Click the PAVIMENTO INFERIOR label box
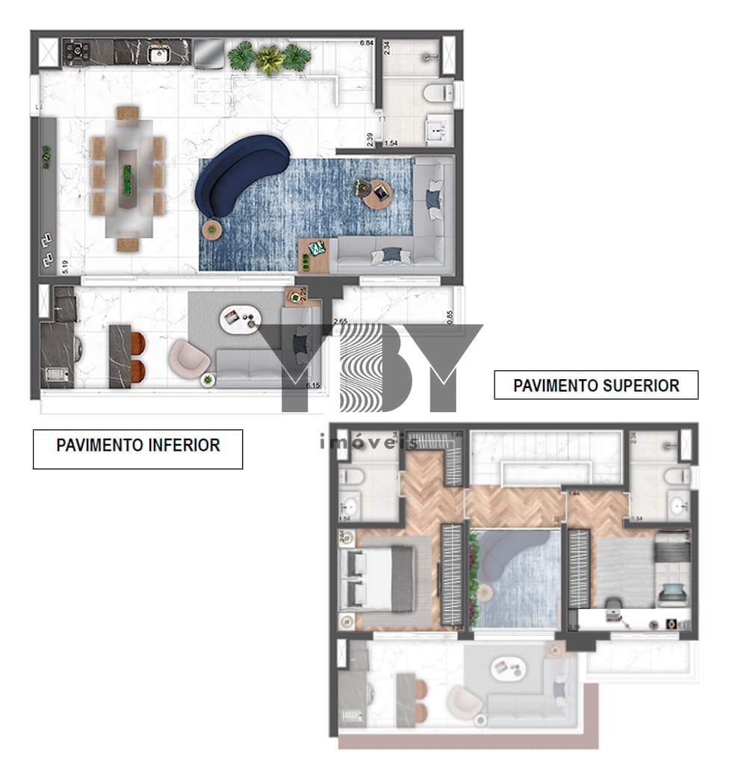pyautogui.click(x=137, y=446)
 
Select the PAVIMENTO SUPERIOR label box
pyautogui.click(x=596, y=385)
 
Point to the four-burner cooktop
pyautogui.click(x=76, y=52)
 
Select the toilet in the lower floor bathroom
pyautogui.click(x=436, y=94)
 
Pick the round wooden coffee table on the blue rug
pyautogui.click(x=376, y=193)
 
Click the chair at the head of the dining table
pyautogui.click(x=128, y=113)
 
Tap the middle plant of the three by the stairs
pyautogui.click(x=270, y=58)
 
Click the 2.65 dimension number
pyautogui.click(x=340, y=322)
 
